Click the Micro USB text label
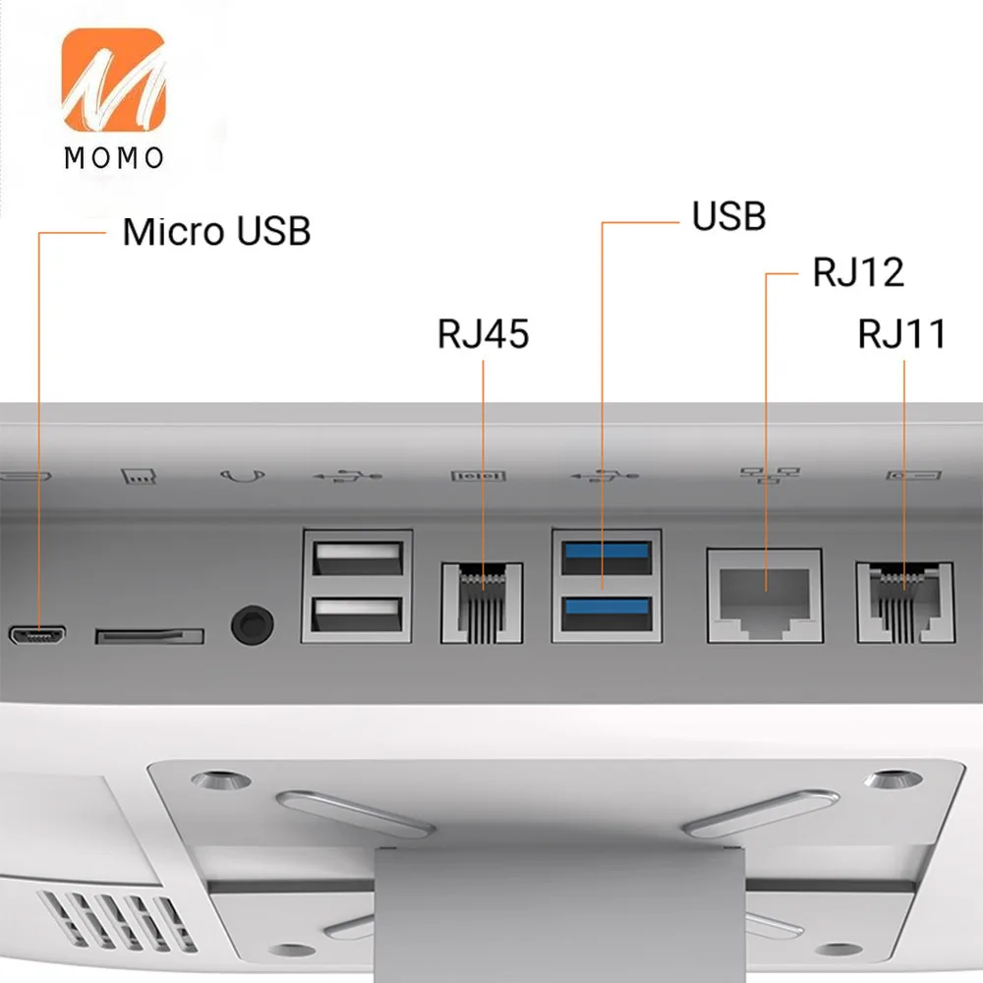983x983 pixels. click(216, 232)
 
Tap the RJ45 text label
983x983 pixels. click(483, 334)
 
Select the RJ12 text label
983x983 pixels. click(857, 272)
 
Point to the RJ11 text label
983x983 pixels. click(901, 334)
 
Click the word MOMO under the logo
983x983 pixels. click(114, 157)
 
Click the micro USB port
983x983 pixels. click(38, 635)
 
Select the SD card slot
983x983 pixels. click(149, 636)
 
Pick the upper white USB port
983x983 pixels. click(357, 558)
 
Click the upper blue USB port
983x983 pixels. click(606, 556)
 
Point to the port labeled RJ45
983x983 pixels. click(483, 601)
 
